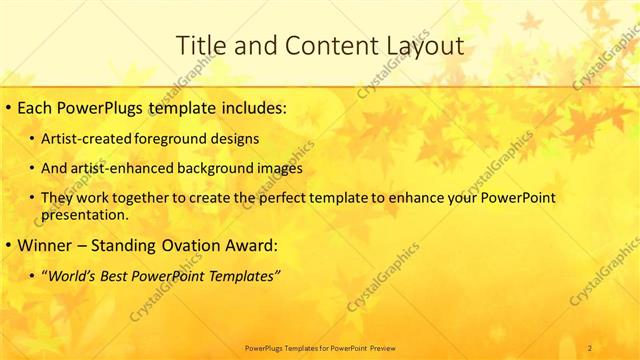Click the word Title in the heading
click(x=200, y=45)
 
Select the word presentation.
click(x=85, y=215)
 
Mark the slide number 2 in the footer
click(x=590, y=347)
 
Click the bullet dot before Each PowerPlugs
click(x=8, y=105)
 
